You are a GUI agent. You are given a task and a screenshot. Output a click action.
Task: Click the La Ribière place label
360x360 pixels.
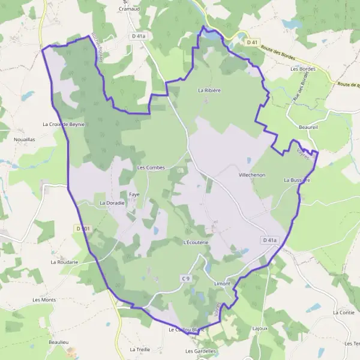[x=209, y=91]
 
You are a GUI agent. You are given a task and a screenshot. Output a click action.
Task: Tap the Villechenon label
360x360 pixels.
[x=253, y=174]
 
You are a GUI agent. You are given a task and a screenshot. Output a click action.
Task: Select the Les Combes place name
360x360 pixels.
[x=151, y=167]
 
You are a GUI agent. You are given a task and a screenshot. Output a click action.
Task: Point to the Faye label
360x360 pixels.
[x=134, y=194]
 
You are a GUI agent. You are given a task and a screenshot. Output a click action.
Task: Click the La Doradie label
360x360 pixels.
[x=112, y=203]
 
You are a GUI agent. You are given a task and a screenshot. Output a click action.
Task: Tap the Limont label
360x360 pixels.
[x=222, y=283]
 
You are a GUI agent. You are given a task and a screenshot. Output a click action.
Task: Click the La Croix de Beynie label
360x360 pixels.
[x=64, y=124]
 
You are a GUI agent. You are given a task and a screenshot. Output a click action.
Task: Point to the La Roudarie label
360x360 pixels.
[x=65, y=262]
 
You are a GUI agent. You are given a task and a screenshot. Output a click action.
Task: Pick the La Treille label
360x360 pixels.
[x=139, y=349]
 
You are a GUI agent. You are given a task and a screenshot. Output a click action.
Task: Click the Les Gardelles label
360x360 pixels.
[x=199, y=350]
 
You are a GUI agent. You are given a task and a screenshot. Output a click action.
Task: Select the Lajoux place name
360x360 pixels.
[x=260, y=328]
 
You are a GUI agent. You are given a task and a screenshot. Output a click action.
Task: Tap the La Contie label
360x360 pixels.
[x=343, y=313]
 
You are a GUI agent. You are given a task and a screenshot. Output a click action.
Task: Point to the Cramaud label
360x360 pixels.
[x=130, y=9]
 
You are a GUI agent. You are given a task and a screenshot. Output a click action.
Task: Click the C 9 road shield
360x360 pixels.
[x=186, y=278]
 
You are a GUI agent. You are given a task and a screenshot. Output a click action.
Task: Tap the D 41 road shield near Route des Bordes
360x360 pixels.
[x=251, y=42]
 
